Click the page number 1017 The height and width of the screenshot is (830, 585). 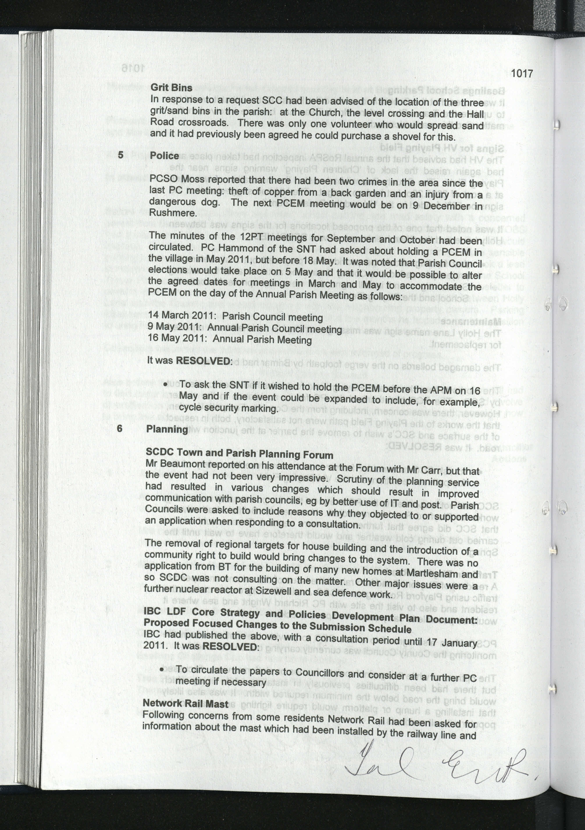(x=522, y=73)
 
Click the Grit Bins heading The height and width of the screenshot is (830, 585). (x=171, y=87)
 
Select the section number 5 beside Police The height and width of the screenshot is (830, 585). (x=121, y=155)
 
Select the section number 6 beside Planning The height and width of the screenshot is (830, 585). (x=120, y=428)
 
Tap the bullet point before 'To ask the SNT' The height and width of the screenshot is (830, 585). (x=165, y=384)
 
